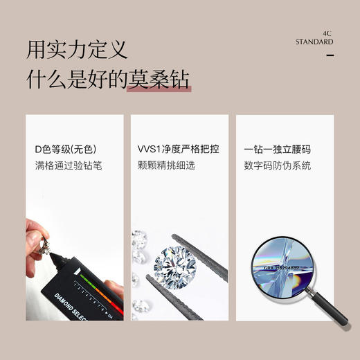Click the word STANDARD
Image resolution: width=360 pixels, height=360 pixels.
pos(315,42)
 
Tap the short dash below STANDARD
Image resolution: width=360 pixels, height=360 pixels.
pos(330,55)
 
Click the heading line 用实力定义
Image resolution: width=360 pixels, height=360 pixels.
pos(77,51)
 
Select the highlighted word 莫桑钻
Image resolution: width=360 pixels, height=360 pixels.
pos(159,80)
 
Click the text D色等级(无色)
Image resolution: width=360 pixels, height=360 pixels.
pos(65,150)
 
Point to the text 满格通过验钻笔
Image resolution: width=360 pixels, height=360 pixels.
pos(69,166)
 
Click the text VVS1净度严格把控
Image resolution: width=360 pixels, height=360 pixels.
pos(179,150)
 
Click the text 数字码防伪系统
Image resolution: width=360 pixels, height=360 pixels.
pos(278,166)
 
